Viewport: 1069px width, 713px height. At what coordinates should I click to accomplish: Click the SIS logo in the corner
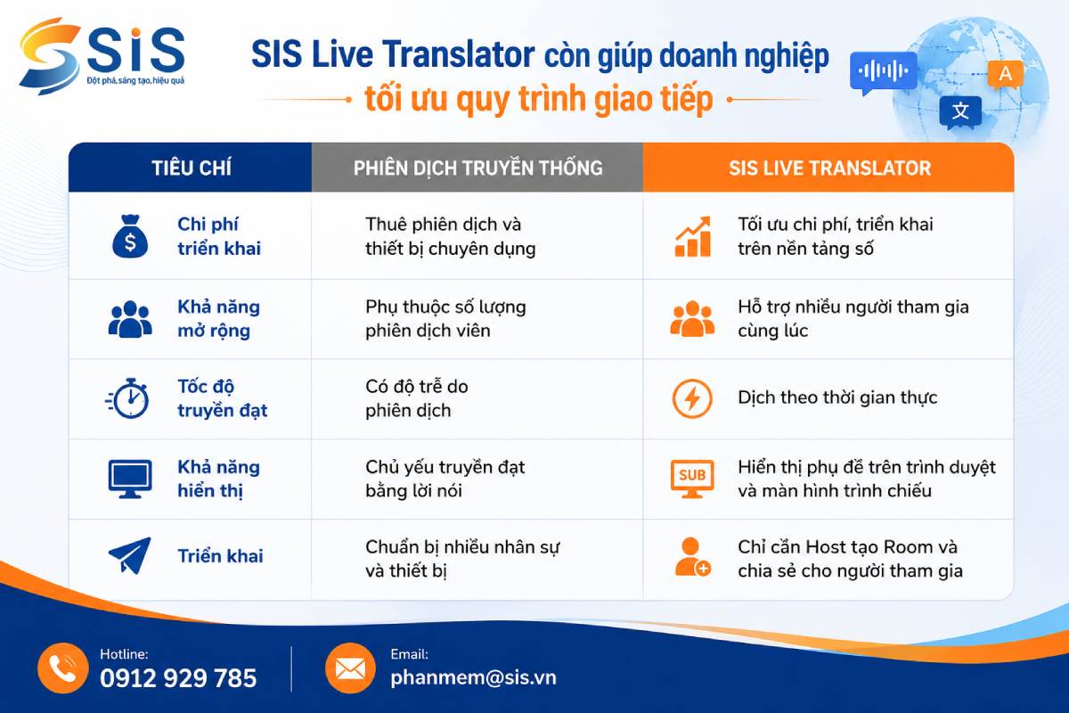[102, 56]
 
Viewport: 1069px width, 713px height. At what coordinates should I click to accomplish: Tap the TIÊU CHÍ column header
[192, 168]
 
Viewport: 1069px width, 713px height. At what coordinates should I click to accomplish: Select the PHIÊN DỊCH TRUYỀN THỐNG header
[477, 168]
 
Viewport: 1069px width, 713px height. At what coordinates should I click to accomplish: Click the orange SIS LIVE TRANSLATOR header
[829, 168]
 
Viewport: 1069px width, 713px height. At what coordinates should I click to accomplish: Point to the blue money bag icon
[130, 236]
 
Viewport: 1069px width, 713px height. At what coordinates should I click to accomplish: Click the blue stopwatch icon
[127, 398]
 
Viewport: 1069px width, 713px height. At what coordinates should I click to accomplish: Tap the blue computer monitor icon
[130, 479]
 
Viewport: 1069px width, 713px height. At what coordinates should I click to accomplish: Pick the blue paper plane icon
[130, 555]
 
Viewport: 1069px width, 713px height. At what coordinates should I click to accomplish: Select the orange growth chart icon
[693, 236]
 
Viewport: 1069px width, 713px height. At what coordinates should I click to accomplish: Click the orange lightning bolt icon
[692, 398]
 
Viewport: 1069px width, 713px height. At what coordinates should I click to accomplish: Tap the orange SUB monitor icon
[692, 479]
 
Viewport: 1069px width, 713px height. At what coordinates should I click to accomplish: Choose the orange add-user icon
[693, 557]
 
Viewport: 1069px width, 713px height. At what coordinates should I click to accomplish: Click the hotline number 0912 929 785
[178, 678]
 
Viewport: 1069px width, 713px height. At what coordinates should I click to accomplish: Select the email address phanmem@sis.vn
[473, 677]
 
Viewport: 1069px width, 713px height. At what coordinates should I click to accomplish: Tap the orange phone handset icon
[63, 668]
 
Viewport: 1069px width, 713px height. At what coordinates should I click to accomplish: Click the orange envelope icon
[350, 668]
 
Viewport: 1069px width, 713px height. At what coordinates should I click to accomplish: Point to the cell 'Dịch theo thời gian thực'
[837, 397]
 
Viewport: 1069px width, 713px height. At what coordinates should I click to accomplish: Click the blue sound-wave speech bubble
[883, 72]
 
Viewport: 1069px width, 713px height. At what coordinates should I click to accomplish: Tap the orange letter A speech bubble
[1006, 75]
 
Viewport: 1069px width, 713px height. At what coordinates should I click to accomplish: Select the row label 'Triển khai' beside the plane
[220, 556]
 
